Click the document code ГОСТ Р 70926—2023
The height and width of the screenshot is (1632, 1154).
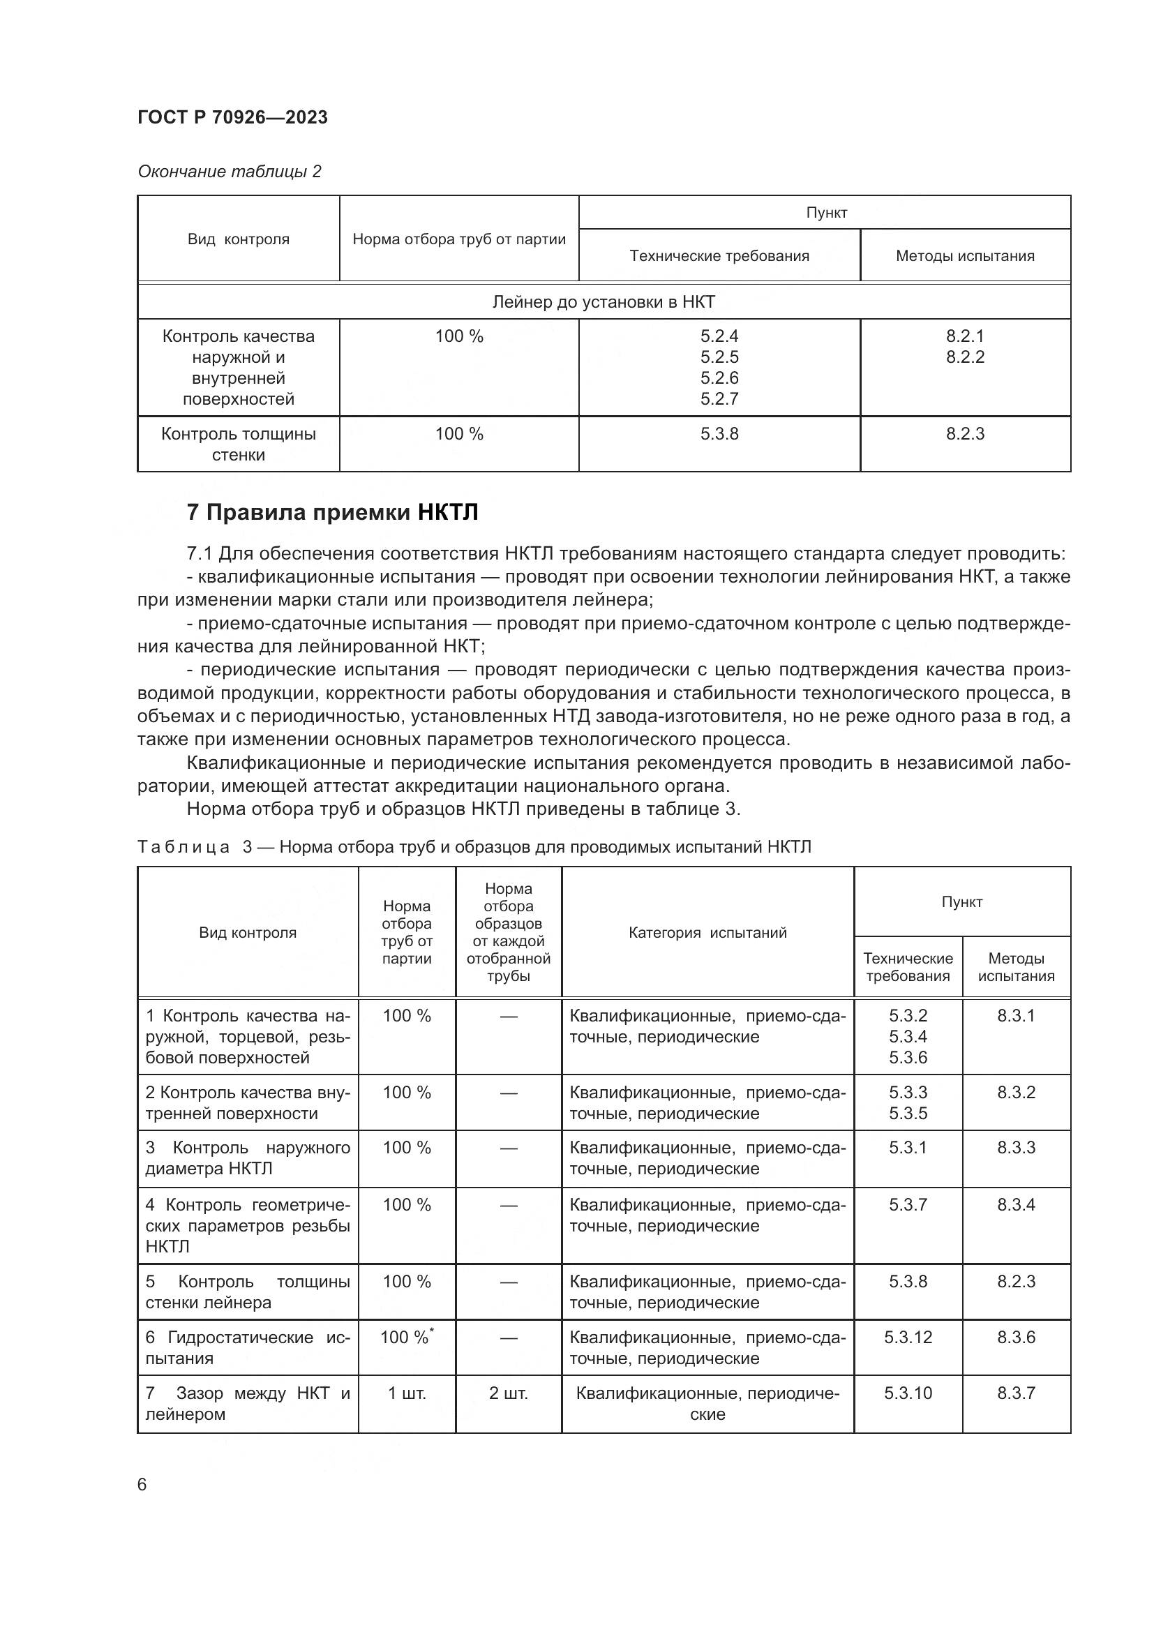232,117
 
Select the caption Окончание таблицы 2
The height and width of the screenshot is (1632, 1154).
229,172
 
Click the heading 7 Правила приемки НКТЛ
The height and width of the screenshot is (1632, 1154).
332,513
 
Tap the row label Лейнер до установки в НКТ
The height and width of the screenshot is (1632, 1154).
604,302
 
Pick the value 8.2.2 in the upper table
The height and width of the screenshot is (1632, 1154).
964,357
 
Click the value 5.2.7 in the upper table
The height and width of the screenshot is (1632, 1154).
719,399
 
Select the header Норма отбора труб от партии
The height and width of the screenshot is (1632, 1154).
459,239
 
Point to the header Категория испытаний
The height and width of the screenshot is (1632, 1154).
707,933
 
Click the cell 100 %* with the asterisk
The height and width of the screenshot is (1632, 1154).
407,1337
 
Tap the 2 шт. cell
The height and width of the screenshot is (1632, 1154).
508,1393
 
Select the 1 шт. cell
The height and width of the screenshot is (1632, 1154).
407,1393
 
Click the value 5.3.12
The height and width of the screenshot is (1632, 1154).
908,1337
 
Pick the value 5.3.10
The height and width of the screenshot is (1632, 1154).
908,1393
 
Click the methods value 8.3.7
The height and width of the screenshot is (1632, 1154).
1015,1393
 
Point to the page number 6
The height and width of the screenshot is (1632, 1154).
142,1485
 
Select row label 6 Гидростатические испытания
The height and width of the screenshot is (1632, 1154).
247,1348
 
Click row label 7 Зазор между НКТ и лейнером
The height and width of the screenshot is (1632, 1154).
247,1403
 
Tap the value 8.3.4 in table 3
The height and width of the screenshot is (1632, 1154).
1015,1205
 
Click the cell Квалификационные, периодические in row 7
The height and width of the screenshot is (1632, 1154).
707,1403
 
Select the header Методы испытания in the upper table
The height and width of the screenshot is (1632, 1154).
964,256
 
